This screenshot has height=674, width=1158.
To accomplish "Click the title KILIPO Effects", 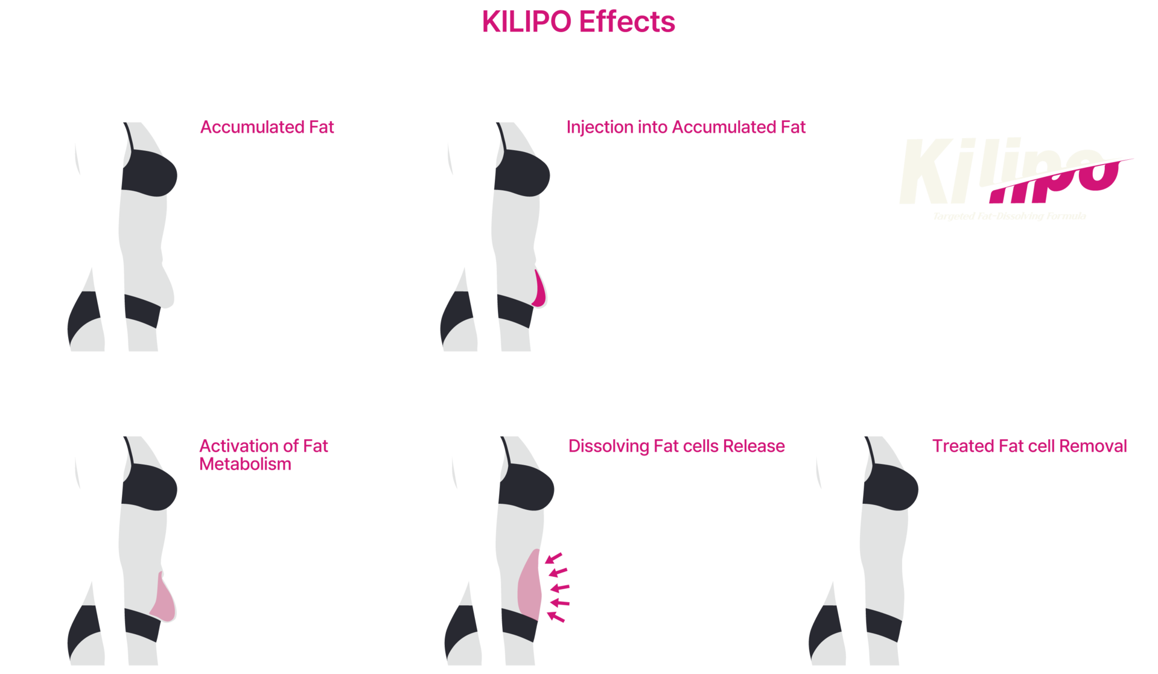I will (578, 22).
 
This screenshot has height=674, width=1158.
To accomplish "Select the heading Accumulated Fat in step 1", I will (267, 127).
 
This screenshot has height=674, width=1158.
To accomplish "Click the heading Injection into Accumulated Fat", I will (686, 127).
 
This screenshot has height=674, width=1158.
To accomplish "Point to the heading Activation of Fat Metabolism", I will (263, 454).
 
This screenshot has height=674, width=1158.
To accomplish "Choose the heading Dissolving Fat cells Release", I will (676, 446).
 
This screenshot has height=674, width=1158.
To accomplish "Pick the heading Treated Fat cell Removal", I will (1029, 446).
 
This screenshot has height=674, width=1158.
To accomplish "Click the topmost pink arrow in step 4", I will (556, 556).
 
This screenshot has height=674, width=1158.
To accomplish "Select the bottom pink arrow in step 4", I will (557, 615).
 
